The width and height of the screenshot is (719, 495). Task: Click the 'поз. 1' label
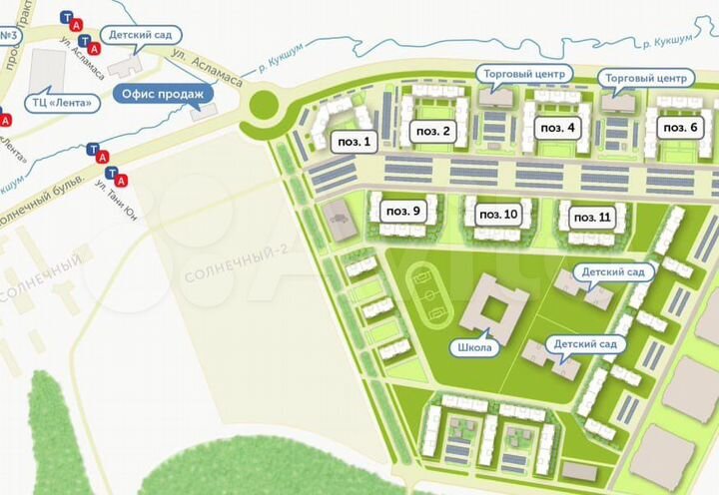[354, 142]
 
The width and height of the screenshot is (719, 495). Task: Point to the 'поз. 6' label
[680, 128]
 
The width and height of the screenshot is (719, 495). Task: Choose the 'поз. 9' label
[403, 211]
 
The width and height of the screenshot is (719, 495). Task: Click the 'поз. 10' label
[498, 214]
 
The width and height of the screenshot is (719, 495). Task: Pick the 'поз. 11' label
[591, 217]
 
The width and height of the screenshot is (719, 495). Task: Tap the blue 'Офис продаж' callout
[163, 96]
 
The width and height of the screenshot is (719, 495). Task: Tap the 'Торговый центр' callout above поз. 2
[522, 74]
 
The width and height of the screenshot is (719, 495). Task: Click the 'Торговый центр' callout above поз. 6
[645, 77]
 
